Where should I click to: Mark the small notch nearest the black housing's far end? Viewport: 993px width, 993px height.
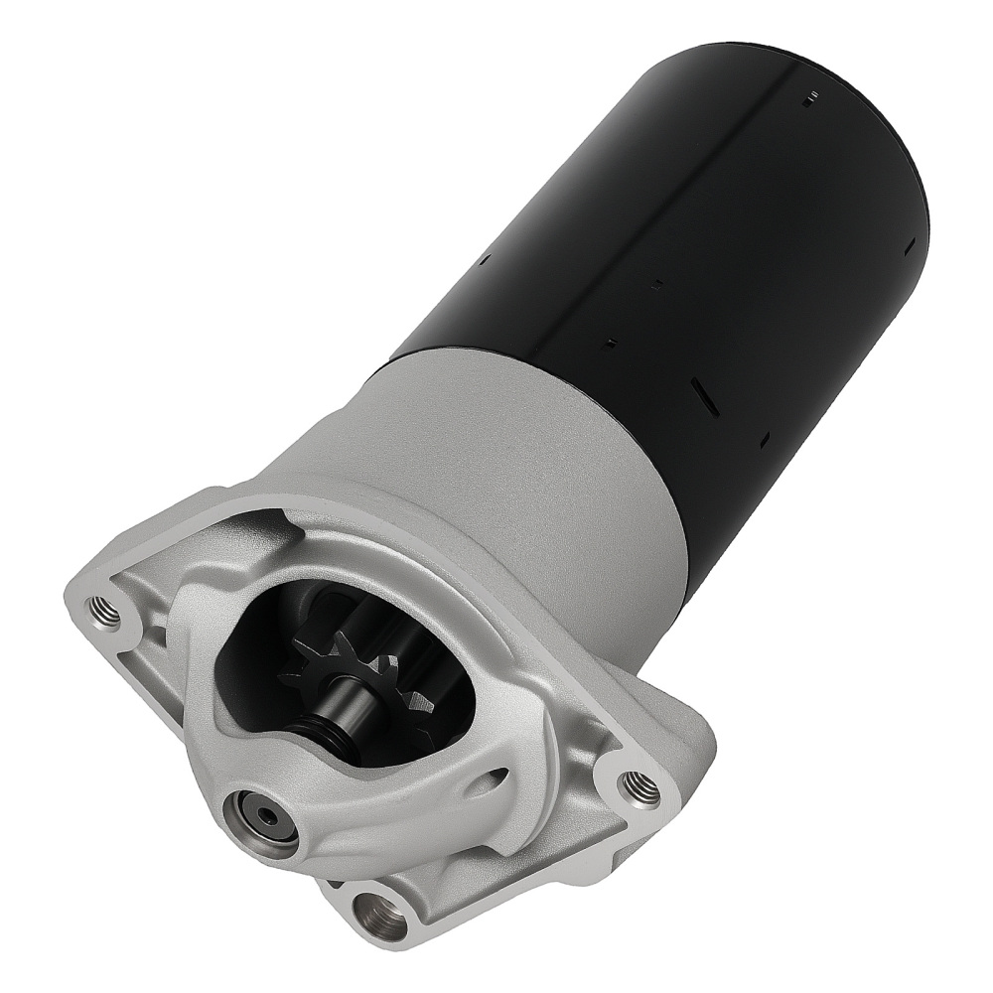coord(812,93)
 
